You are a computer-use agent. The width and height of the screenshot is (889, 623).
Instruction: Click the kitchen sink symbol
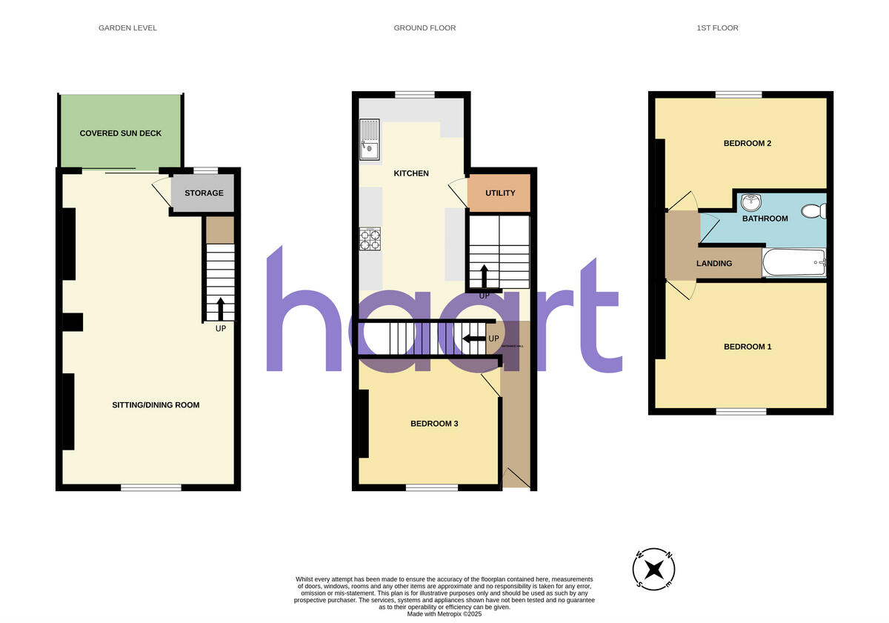click(x=369, y=141)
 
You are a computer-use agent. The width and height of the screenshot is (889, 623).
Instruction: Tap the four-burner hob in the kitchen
click(x=370, y=239)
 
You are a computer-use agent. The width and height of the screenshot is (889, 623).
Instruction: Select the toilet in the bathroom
click(x=816, y=211)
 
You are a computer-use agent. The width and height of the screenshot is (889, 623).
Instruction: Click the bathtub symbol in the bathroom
click(x=793, y=262)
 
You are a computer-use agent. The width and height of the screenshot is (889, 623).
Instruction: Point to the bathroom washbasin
click(x=752, y=201)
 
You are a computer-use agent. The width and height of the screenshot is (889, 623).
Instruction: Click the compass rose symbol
click(x=653, y=570)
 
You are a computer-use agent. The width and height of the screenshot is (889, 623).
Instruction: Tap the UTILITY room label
click(x=500, y=193)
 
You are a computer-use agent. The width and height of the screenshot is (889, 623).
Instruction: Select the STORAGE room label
click(x=204, y=193)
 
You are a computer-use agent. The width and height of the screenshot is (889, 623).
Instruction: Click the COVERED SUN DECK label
click(x=121, y=133)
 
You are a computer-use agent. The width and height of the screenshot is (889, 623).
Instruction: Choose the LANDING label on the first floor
click(x=714, y=263)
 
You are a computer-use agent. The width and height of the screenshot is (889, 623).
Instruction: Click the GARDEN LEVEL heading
click(x=127, y=28)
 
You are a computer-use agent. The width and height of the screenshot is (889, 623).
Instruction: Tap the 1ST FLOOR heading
click(x=717, y=28)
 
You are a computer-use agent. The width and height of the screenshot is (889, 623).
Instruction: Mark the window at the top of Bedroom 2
click(x=739, y=94)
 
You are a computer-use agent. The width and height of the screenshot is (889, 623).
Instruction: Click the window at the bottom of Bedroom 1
click(x=741, y=411)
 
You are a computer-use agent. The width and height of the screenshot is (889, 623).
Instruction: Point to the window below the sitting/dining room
click(x=151, y=487)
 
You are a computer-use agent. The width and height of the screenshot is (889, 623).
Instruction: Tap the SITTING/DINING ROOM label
click(x=156, y=405)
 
